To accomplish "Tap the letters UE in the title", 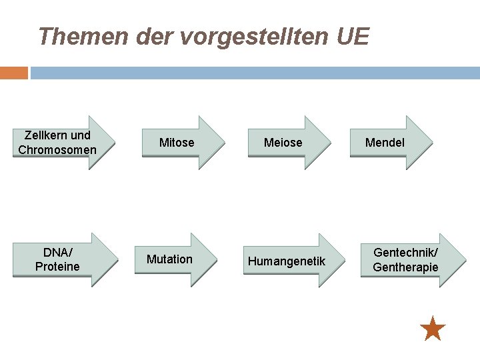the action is pyautogui.click(x=353, y=36).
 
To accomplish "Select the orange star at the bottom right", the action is pyautogui.click(x=433, y=329).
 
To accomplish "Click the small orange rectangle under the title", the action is pyautogui.click(x=13, y=73).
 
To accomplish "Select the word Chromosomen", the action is pyautogui.click(x=57, y=150).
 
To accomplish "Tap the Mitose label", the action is pyautogui.click(x=177, y=143).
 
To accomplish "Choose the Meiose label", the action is pyautogui.click(x=283, y=143).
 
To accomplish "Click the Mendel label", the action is pyautogui.click(x=385, y=143).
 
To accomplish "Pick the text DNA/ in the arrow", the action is pyautogui.click(x=57, y=253).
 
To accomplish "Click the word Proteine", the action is pyautogui.click(x=57, y=267).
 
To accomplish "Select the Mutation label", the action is pyautogui.click(x=169, y=259).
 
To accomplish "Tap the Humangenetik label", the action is pyautogui.click(x=287, y=261).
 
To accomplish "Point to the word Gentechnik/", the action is pyautogui.click(x=405, y=253).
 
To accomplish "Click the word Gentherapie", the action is pyautogui.click(x=405, y=267).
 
